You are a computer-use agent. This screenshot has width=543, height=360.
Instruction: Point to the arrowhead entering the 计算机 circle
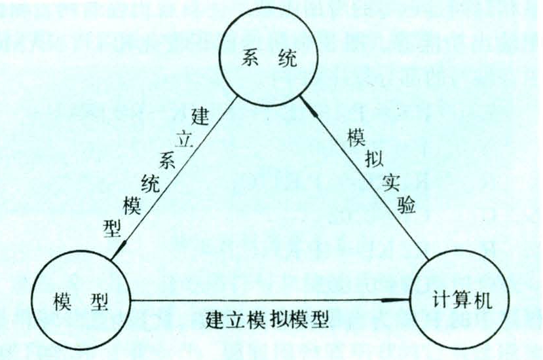[395, 300]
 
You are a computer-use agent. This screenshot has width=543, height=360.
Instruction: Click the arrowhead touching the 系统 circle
[307, 105]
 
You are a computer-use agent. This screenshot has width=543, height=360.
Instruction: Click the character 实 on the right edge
[391, 183]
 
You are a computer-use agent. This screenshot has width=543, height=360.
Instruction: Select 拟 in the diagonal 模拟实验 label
[374, 160]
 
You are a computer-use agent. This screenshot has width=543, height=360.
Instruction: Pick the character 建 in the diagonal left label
[200, 117]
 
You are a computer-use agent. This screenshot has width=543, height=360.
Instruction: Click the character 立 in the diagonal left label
[183, 139]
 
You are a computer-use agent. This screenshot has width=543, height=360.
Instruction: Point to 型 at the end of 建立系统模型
[113, 228]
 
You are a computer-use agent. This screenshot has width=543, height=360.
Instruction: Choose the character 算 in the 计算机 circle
[462, 300]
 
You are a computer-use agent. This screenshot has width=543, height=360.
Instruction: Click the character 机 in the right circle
[482, 300]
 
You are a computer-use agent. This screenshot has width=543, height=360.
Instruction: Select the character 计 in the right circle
[442, 300]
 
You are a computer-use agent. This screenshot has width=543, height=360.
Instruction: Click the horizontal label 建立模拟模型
[267, 320]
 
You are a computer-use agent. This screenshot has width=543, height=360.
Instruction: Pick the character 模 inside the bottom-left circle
[63, 302]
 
